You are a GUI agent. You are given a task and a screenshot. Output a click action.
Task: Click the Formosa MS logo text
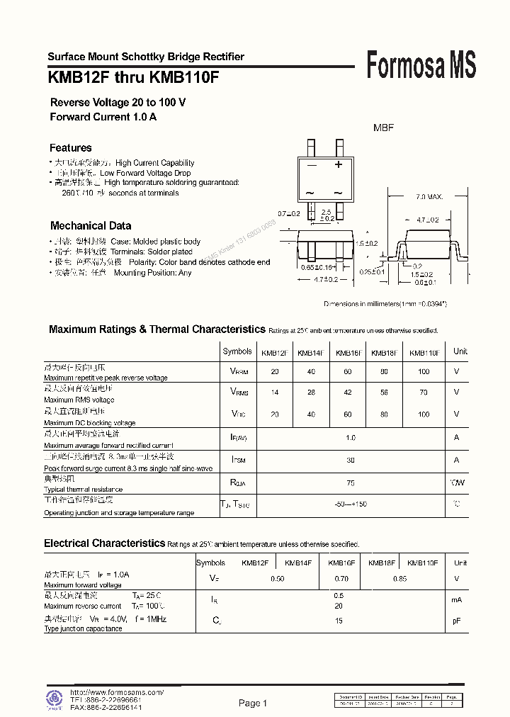(x=421, y=65)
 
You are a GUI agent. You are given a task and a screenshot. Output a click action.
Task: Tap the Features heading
(x=70, y=148)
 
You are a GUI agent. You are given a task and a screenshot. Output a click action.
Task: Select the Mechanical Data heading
(x=91, y=226)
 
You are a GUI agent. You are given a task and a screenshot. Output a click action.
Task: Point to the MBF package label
(x=383, y=128)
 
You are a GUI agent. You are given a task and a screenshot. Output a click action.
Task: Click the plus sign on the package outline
(x=339, y=165)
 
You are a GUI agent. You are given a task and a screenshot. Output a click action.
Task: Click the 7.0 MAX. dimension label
(x=429, y=196)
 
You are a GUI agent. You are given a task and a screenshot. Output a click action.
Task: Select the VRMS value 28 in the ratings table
(x=312, y=393)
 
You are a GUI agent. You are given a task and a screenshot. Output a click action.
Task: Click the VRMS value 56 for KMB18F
(x=384, y=393)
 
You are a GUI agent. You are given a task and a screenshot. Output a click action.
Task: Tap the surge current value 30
(x=350, y=461)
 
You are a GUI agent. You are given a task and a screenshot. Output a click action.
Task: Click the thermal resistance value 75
(x=350, y=483)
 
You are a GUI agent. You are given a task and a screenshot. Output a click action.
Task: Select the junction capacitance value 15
(x=339, y=621)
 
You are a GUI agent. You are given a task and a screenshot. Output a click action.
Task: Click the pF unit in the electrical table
(x=457, y=621)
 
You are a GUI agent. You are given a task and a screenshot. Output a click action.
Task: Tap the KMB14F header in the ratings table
(x=310, y=353)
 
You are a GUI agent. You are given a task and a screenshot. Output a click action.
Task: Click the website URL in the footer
(x=117, y=692)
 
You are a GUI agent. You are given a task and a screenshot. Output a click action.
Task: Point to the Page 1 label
(x=253, y=704)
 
